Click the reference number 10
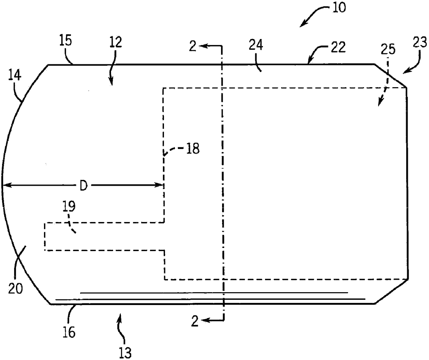(x=339, y=7)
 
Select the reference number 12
(x=116, y=43)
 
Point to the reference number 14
(x=16, y=75)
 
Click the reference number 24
(x=256, y=45)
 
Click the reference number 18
(x=193, y=149)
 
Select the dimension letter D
(x=83, y=186)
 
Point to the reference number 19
(x=69, y=207)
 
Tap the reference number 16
(x=69, y=332)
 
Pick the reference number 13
(x=125, y=353)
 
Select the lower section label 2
(x=195, y=322)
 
